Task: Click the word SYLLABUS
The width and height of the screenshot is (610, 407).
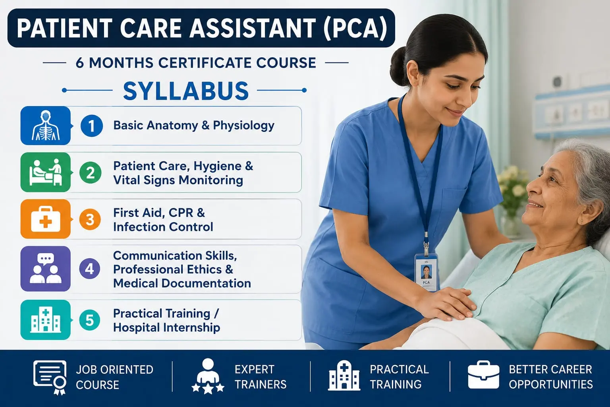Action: point(186,91)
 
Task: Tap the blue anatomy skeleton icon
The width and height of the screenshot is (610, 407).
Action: point(46,125)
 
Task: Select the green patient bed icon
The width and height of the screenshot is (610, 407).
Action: point(46,172)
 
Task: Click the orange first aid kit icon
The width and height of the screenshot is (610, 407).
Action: point(46,219)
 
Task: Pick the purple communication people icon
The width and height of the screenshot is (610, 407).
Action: point(46,269)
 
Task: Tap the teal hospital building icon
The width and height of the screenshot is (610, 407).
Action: point(46,320)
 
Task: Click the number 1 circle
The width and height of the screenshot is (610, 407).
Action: point(91,126)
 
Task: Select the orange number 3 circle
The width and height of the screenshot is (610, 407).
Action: point(90,219)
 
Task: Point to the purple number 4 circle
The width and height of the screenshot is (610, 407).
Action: point(90,269)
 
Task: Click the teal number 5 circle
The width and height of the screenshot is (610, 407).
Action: point(90,320)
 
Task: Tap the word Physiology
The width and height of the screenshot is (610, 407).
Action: point(243,126)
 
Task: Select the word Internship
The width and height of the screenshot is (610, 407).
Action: point(190,328)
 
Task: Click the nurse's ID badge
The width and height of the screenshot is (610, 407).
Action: point(426,272)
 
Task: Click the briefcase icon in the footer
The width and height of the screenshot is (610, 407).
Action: point(483,375)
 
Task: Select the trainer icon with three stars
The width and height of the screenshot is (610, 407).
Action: point(208,376)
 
